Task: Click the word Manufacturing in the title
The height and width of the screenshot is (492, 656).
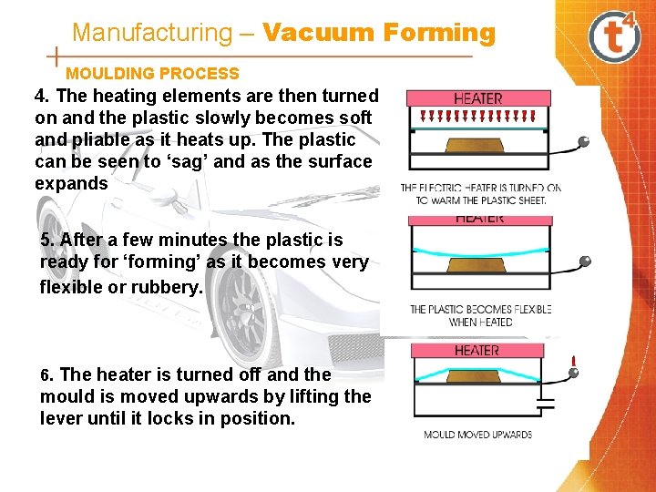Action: [x=152, y=34]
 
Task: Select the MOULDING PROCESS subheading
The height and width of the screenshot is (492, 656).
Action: [x=152, y=74]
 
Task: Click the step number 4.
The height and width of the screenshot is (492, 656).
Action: [x=40, y=96]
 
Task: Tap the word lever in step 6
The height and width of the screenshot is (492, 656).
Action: [x=61, y=418]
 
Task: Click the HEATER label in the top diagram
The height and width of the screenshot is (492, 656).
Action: [x=477, y=98]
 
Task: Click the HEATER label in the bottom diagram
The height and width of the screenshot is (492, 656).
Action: [x=477, y=350]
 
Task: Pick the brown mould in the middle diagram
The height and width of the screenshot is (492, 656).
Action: [x=477, y=265]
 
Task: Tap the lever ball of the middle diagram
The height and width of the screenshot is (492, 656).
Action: [x=585, y=261]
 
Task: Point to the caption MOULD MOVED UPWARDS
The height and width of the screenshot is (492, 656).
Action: [x=477, y=435]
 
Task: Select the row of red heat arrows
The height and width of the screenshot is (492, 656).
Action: [x=477, y=117]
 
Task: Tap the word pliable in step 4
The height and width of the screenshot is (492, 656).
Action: [x=98, y=139]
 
